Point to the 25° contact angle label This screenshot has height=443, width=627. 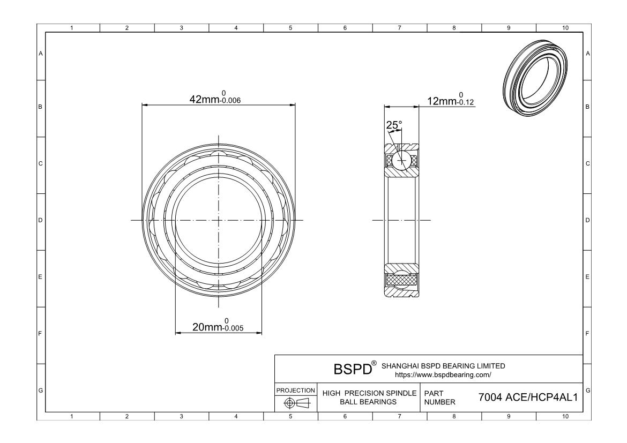pyautogui.click(x=394, y=125)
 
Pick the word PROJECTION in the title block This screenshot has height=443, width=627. pyautogui.click(x=296, y=391)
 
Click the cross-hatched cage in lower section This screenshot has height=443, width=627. pyautogui.click(x=401, y=279)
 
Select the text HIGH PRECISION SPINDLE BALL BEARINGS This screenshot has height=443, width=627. pyautogui.click(x=369, y=397)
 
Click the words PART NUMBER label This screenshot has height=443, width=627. pyautogui.click(x=439, y=397)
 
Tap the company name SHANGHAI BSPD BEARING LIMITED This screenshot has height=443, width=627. pyautogui.click(x=443, y=366)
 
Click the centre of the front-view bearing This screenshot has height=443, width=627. pyautogui.click(x=219, y=220)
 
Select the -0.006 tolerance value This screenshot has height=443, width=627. pyautogui.click(x=228, y=101)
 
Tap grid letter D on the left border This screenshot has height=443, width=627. pyautogui.click(x=40, y=220)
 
